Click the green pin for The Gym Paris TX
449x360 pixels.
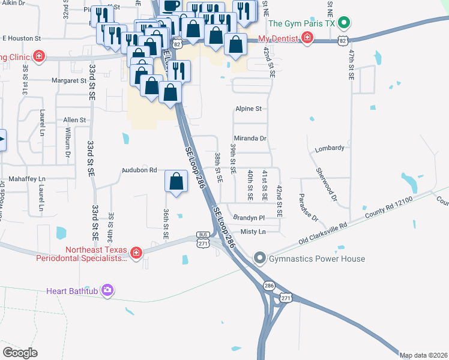click(x=343, y=24)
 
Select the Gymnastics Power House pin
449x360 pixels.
click(x=260, y=259)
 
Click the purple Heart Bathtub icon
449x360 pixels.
click(x=107, y=291)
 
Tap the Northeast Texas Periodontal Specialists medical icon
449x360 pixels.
click(x=136, y=253)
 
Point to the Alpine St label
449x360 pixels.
click(x=248, y=109)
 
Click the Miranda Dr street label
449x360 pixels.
click(x=250, y=138)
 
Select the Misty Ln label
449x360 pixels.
click(x=253, y=232)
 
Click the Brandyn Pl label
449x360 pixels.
click(x=249, y=218)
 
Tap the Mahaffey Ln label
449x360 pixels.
click(x=26, y=179)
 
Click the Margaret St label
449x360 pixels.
click(x=69, y=80)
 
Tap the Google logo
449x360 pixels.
click(x=20, y=352)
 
